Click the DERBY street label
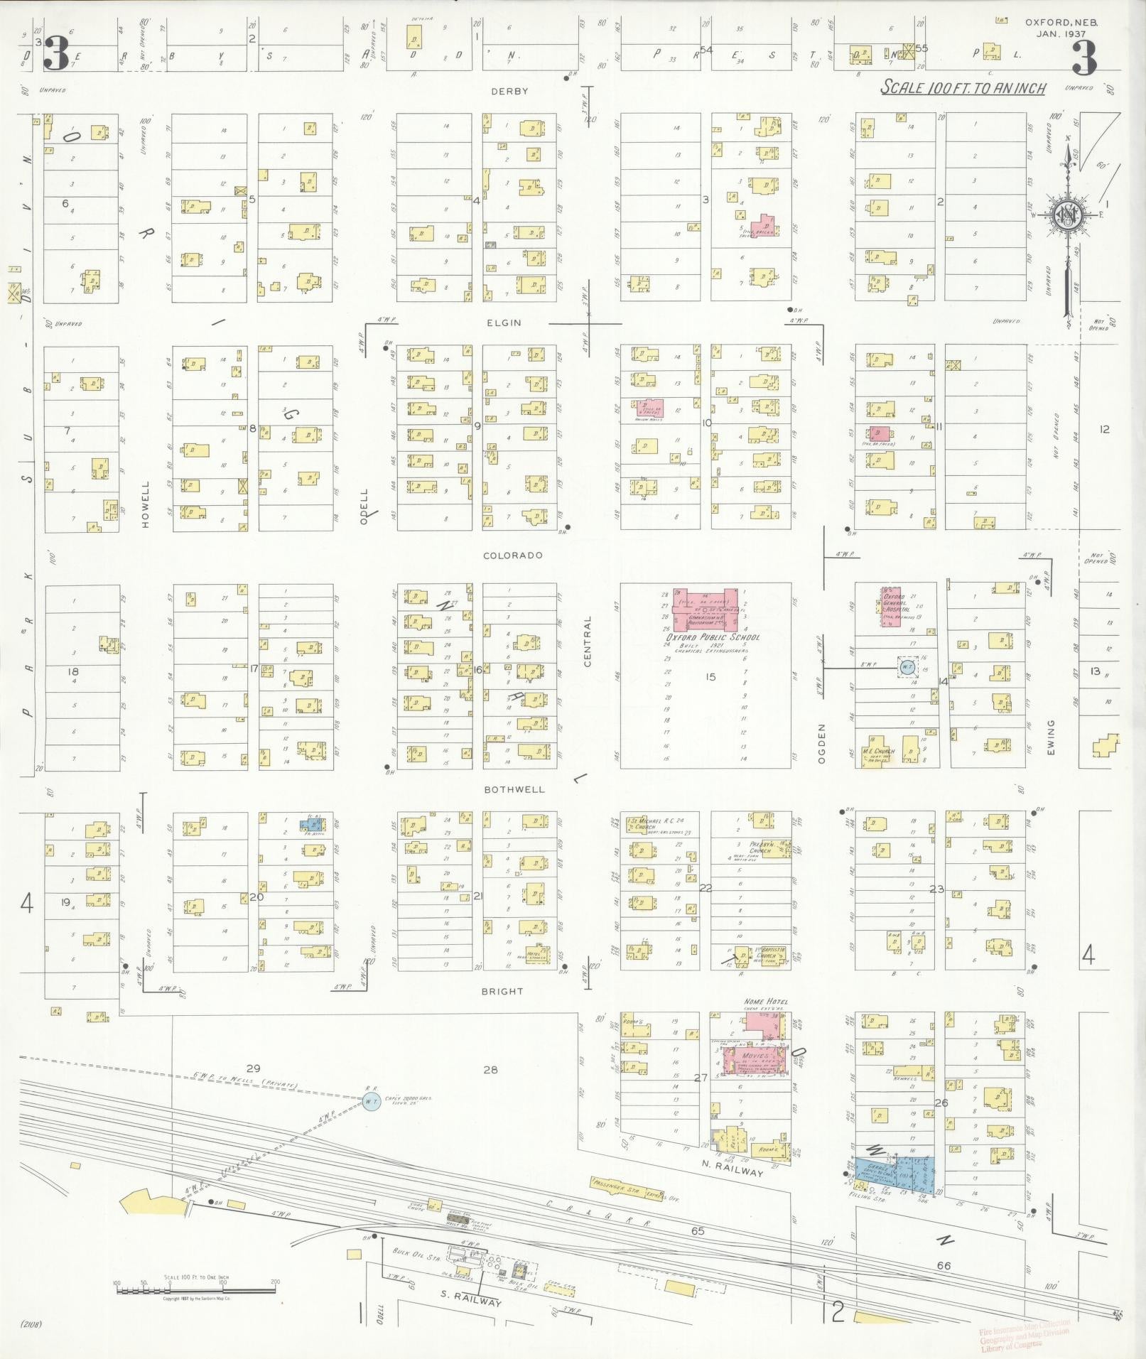(509, 92)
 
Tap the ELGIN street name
(504, 323)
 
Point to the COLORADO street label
(512, 556)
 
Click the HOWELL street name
(146, 504)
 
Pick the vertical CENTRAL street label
(588, 641)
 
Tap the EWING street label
(1050, 737)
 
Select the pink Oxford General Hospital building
(896, 607)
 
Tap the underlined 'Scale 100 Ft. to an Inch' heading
(963, 88)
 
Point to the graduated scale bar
(195, 1284)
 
